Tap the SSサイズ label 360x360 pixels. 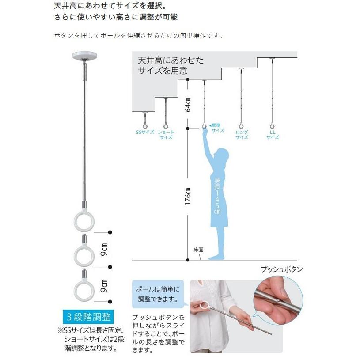[145, 132]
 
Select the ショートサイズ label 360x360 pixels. [166, 134]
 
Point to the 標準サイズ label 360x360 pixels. [218, 128]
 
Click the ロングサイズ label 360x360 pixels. [242, 134]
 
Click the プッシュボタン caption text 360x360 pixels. [278, 269]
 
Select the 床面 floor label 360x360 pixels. [198, 250]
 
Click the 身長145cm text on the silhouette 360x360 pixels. [217, 197]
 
